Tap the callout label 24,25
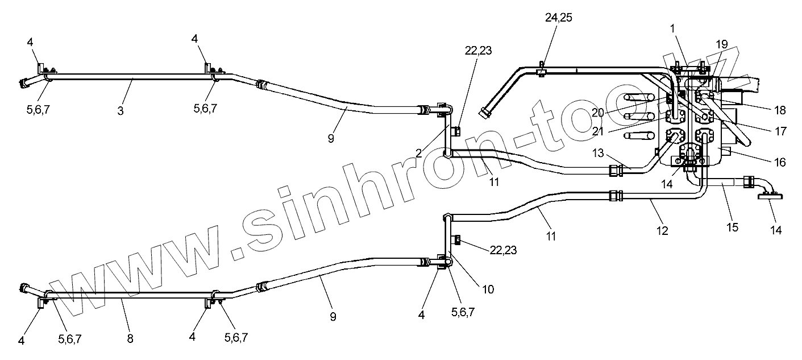point(558,18)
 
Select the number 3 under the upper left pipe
point(120,110)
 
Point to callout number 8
point(130,338)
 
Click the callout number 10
point(487,289)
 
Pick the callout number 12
point(662,231)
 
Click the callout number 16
point(779,163)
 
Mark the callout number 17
point(780,131)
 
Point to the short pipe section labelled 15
point(722,183)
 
